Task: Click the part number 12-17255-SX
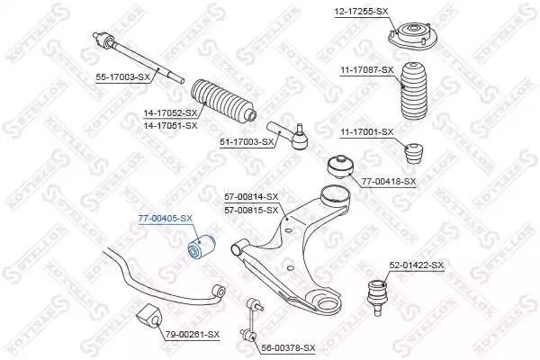pos(361,12)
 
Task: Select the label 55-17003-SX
pos(123,77)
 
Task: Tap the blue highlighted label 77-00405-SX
pos(165,219)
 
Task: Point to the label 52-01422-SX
pos(417,265)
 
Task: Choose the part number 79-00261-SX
pos(193,334)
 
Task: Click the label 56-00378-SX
pos(288,348)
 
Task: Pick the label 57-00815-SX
pos(251,210)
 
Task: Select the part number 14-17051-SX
pos(170,126)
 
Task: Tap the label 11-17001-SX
pos(367,132)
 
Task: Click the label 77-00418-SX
pos(389,181)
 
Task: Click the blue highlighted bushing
pos(201,247)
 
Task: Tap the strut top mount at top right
pos(412,38)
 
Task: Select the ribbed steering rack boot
pos(223,100)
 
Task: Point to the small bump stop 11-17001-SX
pos(413,153)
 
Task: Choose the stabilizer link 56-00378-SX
pos(252,319)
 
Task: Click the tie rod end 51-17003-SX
pos(289,136)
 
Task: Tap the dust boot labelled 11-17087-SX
pos(414,91)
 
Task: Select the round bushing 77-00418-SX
pos(340,166)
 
